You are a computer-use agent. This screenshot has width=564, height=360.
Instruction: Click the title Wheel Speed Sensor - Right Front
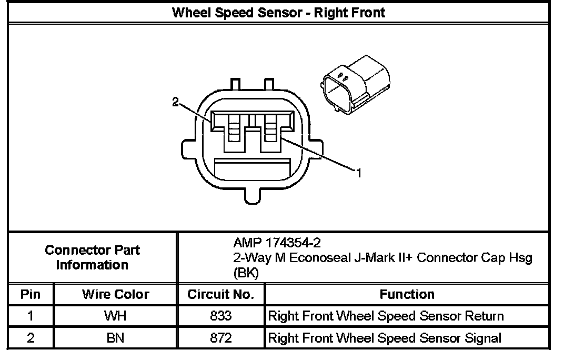pos(279,12)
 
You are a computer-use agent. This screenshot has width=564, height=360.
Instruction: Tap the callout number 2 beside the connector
pos(176,102)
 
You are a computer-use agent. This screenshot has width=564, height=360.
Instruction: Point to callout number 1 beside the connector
pos(359,172)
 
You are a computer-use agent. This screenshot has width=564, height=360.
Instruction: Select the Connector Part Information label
pos(92,257)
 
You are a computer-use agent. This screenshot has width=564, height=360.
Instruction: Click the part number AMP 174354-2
pos(277,243)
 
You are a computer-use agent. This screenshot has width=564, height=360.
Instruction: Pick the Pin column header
pos(31,294)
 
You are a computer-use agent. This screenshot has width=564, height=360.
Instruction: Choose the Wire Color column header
pos(115,294)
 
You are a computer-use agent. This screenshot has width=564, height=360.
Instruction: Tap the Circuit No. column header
pos(221,294)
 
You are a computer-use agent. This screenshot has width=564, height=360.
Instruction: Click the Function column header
pos(407,294)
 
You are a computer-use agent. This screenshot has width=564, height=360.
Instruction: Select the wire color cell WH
pos(115,316)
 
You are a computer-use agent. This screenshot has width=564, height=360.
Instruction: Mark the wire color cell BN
pos(115,338)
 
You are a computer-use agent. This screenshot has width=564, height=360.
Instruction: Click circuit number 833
pos(221,316)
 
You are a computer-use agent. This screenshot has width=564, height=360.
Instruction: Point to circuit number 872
pos(221,338)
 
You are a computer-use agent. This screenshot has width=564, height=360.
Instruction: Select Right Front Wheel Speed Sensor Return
pos(386,316)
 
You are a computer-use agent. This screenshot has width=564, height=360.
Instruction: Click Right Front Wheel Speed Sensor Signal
pos(385,338)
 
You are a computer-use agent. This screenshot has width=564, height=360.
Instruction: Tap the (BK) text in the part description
pos(245,273)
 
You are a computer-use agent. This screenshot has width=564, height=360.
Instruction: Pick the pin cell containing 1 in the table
pos(31,316)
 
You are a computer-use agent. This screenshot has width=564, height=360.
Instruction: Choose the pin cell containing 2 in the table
pos(31,338)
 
